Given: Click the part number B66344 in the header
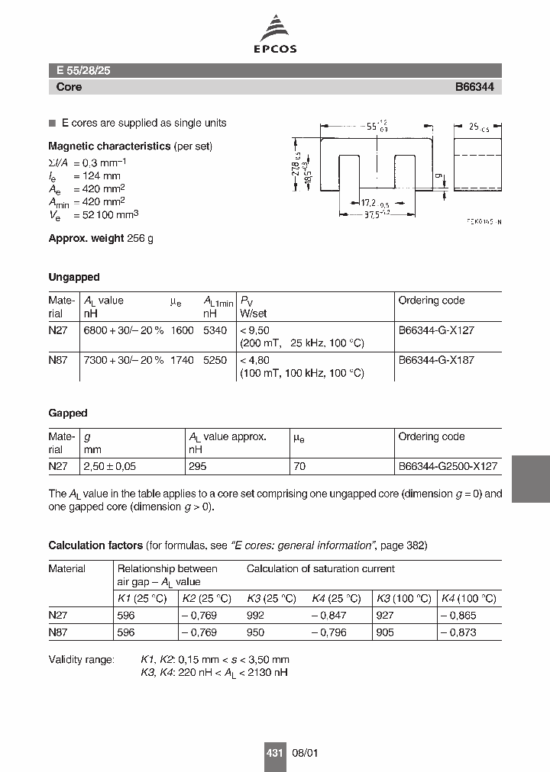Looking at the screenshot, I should (x=474, y=87).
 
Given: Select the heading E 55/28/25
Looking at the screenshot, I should (x=84, y=70).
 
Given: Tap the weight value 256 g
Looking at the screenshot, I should (x=140, y=239).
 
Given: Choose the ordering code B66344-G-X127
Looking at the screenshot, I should (x=436, y=330).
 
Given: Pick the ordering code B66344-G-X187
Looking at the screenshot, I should (x=436, y=360).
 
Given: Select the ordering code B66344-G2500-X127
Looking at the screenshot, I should (x=448, y=466).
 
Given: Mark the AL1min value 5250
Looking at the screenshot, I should (x=215, y=360).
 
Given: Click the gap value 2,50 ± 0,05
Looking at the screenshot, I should (x=109, y=466).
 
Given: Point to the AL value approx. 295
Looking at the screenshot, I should (x=197, y=466).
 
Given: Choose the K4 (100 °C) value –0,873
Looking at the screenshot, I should (x=458, y=632).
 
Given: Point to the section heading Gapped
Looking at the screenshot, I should (x=68, y=413).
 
